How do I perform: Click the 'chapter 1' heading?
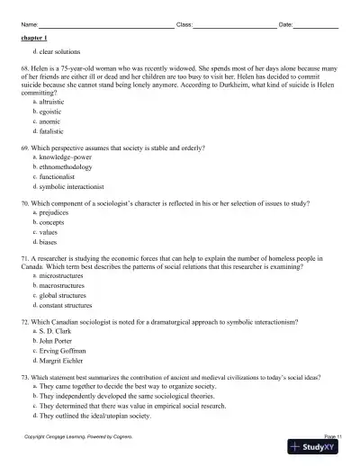[x=34, y=40]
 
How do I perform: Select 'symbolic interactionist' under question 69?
[x=66, y=188]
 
